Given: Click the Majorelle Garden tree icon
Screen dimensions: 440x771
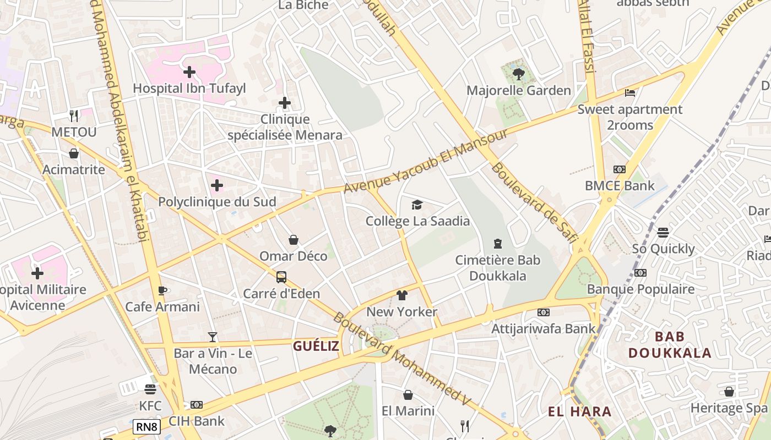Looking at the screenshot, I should pos(518,74).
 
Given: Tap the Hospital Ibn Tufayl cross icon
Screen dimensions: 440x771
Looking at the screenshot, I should pos(189,71).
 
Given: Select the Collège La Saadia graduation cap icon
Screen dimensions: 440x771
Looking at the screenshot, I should pos(417,205).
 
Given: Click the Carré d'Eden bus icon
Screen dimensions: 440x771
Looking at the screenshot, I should pos(281,277).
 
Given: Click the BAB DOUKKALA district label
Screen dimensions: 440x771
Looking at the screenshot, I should pos(670,344).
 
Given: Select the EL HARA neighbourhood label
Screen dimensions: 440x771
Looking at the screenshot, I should pos(580,411).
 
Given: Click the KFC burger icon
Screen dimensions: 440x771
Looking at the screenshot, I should pos(150,389).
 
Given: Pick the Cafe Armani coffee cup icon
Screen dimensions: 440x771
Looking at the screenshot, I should pos(162,290).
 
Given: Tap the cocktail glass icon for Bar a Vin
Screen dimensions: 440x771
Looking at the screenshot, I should pos(213,337).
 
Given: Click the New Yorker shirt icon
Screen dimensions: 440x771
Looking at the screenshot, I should pos(402,295).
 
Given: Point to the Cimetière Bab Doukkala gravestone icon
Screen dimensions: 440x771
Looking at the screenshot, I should pos(498,243).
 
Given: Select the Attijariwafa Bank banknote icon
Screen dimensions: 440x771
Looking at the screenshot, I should pos(544,312).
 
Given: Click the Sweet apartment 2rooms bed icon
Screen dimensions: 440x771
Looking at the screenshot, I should pos(630,92).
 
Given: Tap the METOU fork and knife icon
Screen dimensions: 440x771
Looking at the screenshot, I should pos(74,116).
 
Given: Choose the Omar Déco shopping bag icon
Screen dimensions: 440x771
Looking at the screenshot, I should pos(294,240).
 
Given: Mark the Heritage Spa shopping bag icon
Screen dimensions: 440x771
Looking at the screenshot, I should pos(729,392).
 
